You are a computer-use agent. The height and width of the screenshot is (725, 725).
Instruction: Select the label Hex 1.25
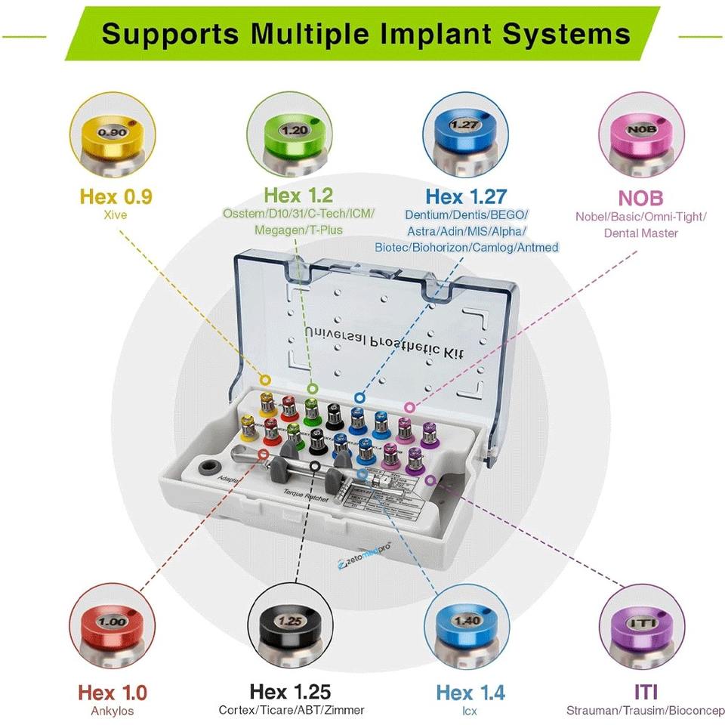(291, 691)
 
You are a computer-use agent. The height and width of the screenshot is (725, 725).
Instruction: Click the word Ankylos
(113, 711)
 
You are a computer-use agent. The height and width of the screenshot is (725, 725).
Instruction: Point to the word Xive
(115, 215)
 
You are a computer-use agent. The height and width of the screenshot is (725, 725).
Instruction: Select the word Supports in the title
(170, 34)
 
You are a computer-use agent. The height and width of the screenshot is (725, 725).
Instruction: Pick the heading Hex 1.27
(466, 197)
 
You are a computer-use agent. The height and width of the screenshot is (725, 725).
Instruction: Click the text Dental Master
(641, 233)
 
